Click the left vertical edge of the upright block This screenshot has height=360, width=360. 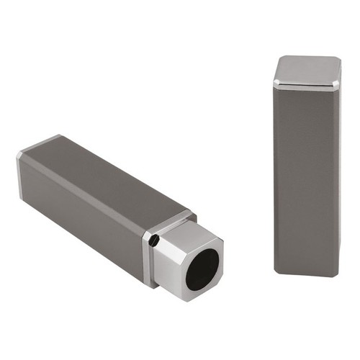click(x=274, y=180)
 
